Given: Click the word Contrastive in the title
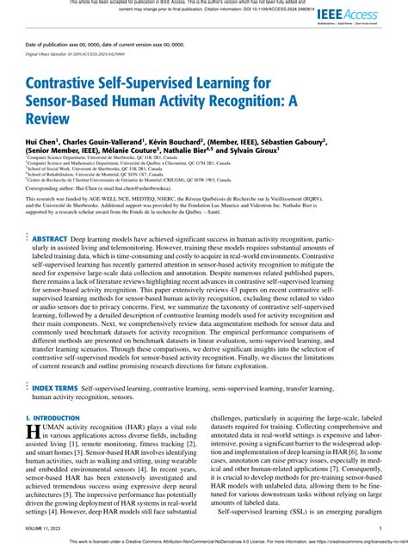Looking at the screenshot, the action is point(70,83).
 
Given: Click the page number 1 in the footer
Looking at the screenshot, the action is point(380,530).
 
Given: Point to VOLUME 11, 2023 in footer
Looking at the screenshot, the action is point(46,530).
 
